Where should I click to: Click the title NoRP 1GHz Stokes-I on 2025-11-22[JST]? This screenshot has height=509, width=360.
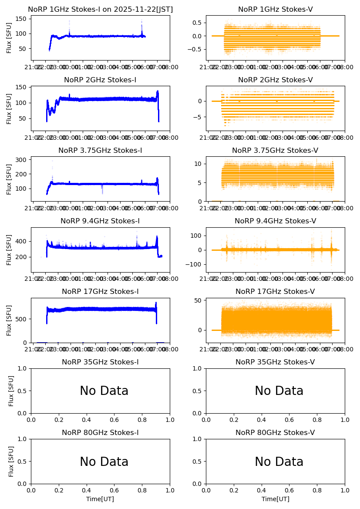[100, 9]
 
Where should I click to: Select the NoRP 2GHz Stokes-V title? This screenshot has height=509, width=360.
[275, 80]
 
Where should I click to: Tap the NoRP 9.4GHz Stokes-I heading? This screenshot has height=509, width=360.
[100, 221]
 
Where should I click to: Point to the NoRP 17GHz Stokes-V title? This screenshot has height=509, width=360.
[275, 291]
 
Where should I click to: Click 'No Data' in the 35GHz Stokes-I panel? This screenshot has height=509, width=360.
[104, 391]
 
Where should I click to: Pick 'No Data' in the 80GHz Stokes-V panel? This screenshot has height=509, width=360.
[279, 462]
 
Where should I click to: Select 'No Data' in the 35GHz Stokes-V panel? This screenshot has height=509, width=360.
[279, 391]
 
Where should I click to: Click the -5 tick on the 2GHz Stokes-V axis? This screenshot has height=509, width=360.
[199, 117]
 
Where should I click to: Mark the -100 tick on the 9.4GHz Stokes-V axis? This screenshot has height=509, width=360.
[196, 265]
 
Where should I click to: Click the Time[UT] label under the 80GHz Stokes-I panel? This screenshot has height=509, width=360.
[100, 499]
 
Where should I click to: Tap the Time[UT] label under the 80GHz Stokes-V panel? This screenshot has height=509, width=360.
[275, 499]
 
